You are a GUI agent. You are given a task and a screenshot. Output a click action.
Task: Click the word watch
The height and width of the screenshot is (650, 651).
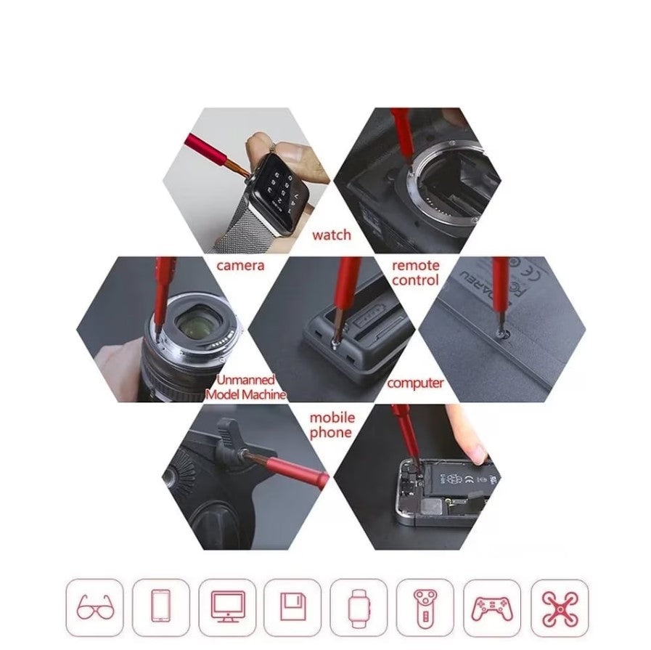[332, 235]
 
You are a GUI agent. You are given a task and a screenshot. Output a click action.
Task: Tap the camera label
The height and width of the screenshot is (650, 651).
[240, 265]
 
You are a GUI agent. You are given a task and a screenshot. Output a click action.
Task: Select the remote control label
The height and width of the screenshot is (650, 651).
[415, 272]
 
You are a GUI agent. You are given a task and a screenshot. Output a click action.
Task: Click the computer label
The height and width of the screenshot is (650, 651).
[415, 383]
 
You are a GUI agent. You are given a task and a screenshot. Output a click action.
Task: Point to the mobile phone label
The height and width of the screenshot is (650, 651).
[332, 425]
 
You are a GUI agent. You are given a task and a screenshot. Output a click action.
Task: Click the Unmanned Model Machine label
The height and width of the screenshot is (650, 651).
[246, 387]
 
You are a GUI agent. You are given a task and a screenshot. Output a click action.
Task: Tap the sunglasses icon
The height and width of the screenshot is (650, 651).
[94, 607]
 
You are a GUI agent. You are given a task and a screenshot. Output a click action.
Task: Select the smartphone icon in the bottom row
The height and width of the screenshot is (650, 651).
[160, 606]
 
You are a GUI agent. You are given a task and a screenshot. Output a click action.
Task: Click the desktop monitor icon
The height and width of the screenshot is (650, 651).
[227, 607]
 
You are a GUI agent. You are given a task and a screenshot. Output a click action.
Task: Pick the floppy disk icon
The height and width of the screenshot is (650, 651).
[293, 606]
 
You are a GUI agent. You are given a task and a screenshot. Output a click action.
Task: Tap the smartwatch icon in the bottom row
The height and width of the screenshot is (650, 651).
[359, 608]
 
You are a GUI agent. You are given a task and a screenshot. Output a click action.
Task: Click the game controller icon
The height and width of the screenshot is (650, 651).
[491, 608]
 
